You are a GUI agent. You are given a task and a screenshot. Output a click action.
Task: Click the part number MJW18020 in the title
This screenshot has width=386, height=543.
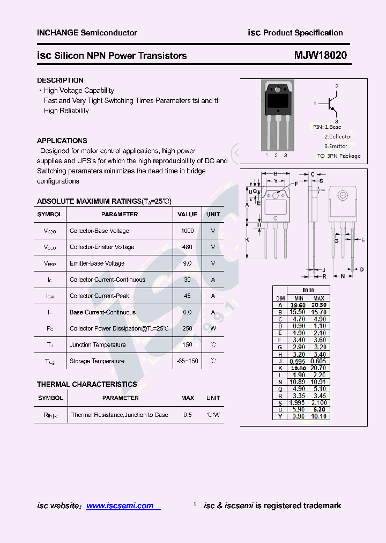coord(320,56)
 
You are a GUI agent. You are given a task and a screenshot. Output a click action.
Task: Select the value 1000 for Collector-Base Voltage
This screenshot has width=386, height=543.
coord(187,231)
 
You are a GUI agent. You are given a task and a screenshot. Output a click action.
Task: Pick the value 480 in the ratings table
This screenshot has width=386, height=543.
coord(187,247)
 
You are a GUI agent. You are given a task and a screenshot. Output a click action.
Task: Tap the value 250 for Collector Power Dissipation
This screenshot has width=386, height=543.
coord(187,328)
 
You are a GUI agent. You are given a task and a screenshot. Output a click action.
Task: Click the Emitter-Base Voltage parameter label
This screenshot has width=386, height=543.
coord(97,263)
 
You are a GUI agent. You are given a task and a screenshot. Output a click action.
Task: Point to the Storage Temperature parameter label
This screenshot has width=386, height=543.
coord(97,361)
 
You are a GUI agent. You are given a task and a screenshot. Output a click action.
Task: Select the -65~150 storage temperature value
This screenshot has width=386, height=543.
coord(187,361)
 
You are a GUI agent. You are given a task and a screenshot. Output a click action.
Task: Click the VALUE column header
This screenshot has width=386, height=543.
coord(187,214)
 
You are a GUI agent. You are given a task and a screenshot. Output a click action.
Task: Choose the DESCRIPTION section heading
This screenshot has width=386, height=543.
coord(60,80)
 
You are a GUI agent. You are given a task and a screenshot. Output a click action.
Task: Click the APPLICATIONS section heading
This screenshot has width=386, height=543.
coord(62,141)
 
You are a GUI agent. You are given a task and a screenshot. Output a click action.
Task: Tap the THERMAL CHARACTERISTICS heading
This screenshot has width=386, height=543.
coord(87,384)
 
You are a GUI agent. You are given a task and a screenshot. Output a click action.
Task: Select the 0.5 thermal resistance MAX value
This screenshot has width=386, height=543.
coord(188,415)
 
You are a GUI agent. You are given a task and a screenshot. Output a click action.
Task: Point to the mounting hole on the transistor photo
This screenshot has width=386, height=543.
coord(278,89)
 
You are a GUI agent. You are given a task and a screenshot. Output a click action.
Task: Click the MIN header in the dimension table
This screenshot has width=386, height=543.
coord(299,298)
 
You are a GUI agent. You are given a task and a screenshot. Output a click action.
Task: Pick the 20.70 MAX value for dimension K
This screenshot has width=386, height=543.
coord(319,368)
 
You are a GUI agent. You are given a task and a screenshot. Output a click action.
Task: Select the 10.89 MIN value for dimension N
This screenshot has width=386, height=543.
coord(297,382)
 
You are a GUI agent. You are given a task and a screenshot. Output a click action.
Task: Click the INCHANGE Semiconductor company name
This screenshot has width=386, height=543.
coord(87,33)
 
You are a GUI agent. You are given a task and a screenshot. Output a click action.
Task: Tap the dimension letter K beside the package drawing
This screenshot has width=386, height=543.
coord(247,240)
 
